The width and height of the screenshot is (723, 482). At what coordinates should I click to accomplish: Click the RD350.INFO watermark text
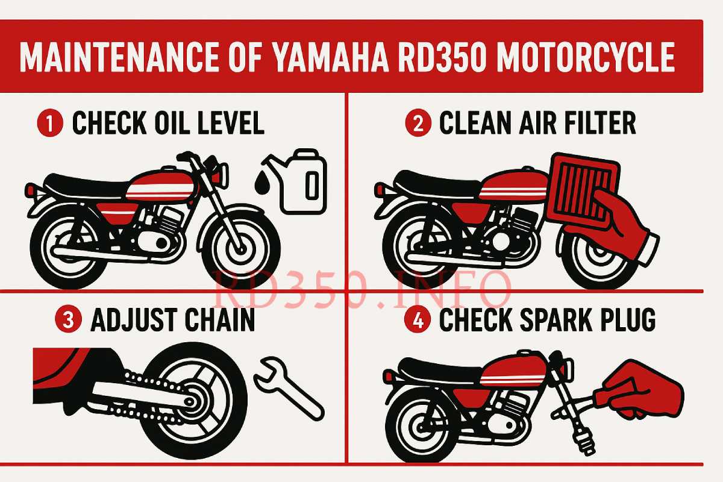click(361, 289)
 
